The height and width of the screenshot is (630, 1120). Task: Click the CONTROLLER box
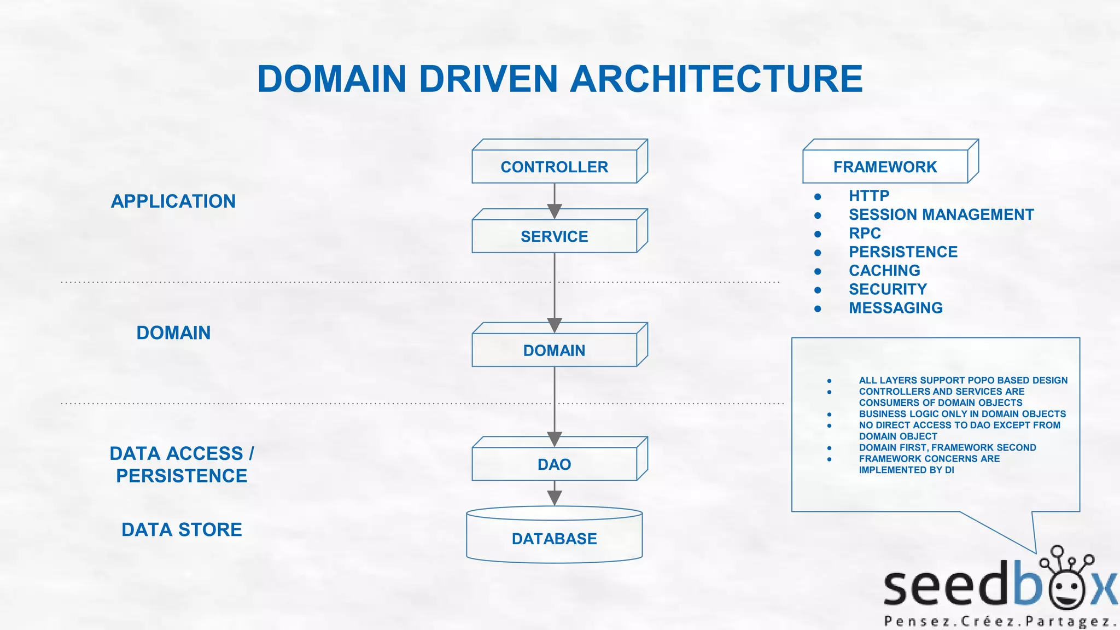click(x=554, y=167)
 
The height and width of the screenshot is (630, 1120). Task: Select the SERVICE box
click(x=554, y=236)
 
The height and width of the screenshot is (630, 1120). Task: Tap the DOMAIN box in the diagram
click(x=554, y=350)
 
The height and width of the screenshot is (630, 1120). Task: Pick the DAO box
click(x=554, y=464)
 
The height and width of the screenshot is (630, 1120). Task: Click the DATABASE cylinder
click(x=554, y=539)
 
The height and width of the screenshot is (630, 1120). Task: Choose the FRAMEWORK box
click(x=884, y=167)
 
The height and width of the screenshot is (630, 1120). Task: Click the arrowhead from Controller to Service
click(x=555, y=211)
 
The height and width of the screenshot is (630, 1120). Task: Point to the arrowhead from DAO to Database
click(x=555, y=498)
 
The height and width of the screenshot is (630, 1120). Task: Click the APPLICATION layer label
click(x=173, y=201)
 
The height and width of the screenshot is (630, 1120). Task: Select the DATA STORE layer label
click(x=182, y=529)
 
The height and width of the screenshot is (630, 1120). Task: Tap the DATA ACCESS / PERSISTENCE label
click(x=182, y=464)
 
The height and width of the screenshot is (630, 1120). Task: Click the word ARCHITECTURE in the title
click(x=716, y=79)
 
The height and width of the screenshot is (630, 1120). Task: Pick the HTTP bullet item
click(x=868, y=196)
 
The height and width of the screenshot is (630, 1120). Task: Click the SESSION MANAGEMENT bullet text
click(x=941, y=214)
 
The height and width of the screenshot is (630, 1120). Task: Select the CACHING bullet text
click(x=884, y=271)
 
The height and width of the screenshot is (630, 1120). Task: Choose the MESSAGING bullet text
click(x=895, y=308)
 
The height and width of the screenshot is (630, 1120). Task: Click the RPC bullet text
click(x=865, y=234)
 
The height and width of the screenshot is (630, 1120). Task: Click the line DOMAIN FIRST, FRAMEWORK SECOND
click(x=947, y=447)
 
